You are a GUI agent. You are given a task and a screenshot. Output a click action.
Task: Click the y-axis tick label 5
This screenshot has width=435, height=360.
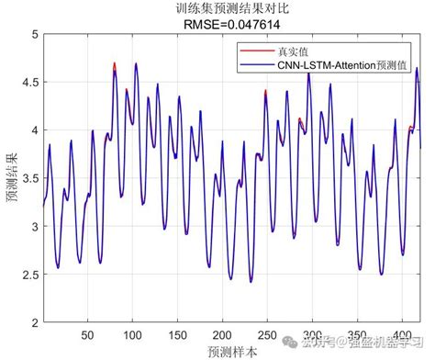click(34, 34)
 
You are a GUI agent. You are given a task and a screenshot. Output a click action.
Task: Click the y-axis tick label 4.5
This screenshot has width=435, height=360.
click(29, 82)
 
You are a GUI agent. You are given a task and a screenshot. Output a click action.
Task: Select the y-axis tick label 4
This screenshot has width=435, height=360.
click(34, 129)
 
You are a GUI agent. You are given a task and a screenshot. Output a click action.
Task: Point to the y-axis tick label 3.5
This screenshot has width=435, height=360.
click(29, 177)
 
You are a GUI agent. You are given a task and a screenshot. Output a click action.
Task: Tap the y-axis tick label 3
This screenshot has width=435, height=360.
click(34, 225)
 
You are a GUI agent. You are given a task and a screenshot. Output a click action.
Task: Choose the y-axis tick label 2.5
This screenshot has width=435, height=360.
click(29, 273)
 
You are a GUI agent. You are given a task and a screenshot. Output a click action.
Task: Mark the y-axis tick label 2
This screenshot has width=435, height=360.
click(34, 321)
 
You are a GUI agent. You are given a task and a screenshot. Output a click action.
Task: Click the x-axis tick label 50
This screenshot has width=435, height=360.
click(88, 333)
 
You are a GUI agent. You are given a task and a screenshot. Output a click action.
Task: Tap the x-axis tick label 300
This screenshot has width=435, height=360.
click(313, 333)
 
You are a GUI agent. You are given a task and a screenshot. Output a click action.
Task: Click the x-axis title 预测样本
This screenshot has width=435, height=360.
click(231, 350)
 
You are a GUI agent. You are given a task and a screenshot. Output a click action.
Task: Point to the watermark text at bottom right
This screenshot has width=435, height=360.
click(367, 342)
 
